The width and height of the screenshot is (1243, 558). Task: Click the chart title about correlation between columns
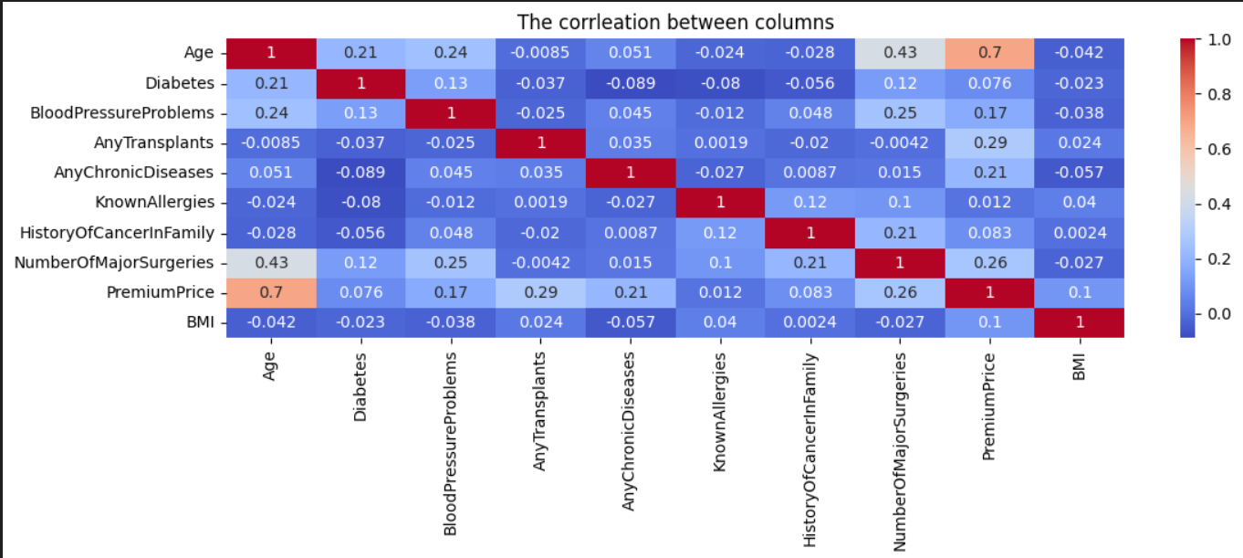click(x=675, y=21)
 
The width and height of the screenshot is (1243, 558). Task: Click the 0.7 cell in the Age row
click(x=989, y=53)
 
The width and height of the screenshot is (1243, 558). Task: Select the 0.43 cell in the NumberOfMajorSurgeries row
click(x=271, y=263)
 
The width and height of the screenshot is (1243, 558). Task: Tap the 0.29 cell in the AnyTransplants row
click(x=989, y=143)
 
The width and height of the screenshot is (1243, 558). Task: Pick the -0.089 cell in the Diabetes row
click(x=631, y=83)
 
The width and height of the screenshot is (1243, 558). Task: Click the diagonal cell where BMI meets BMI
click(x=1079, y=322)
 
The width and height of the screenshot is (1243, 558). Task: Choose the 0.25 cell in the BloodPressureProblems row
click(x=899, y=113)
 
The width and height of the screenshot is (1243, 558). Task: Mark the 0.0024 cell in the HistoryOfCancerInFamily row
click(x=1079, y=233)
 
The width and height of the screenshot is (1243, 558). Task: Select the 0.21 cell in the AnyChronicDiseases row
click(x=989, y=174)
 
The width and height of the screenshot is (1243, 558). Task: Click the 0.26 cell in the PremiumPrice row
click(x=899, y=293)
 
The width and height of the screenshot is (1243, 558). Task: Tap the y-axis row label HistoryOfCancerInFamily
click(x=117, y=233)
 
